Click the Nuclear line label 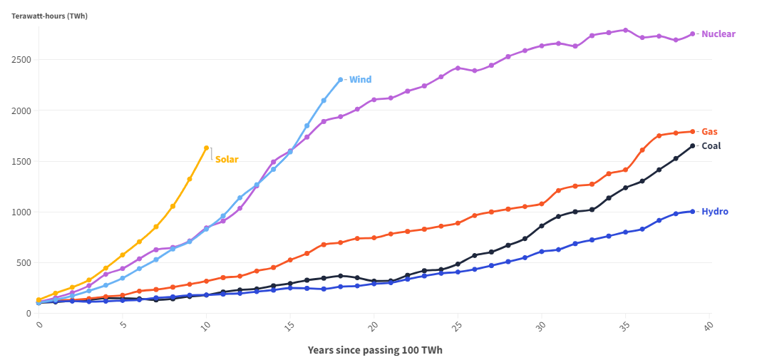tap(718, 34)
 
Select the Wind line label tap(360, 80)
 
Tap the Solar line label tap(227, 160)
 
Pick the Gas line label tap(709, 132)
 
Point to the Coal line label tap(711, 146)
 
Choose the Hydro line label tap(714, 212)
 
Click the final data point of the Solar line tap(207, 148)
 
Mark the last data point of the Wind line tap(341, 80)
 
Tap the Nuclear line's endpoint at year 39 tap(692, 34)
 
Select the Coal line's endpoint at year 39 tap(692, 146)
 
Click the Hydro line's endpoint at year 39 tap(692, 211)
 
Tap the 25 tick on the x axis tap(457, 325)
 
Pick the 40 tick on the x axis tap(709, 325)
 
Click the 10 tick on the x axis tap(206, 325)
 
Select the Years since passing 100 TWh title tap(376, 350)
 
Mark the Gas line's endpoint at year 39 tap(692, 132)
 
